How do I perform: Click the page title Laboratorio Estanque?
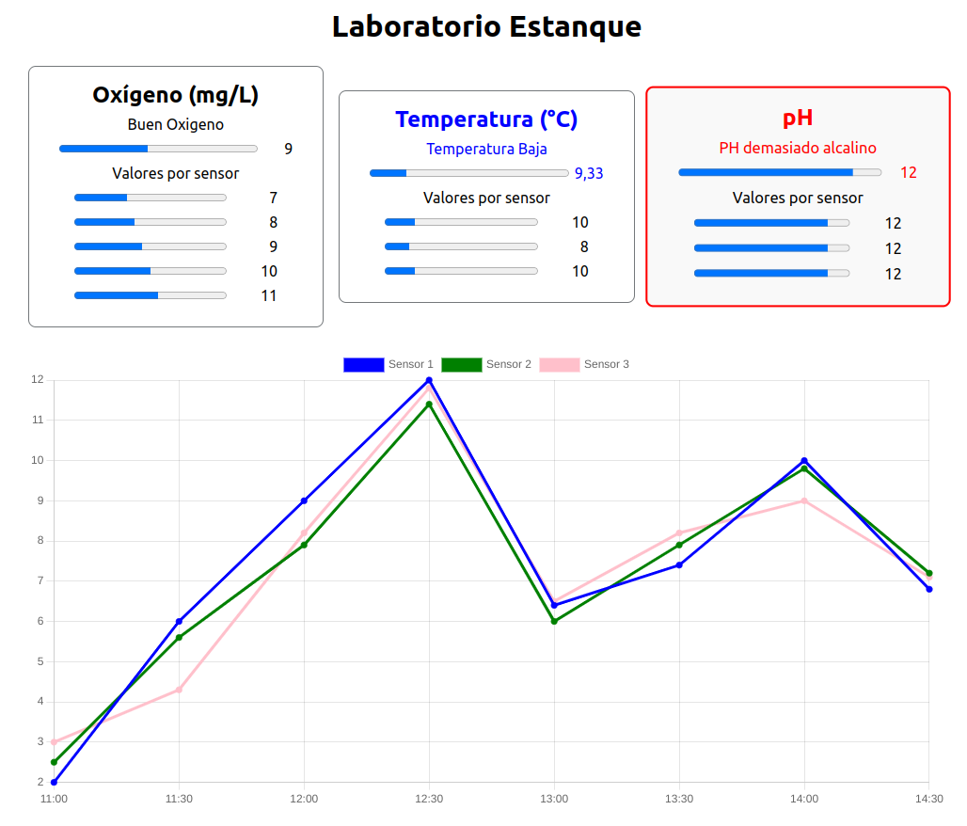pyautogui.click(x=486, y=27)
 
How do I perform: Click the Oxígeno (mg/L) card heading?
pyautogui.click(x=176, y=95)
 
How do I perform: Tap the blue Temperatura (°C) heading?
pyautogui.click(x=486, y=119)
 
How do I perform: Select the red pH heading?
pyautogui.click(x=798, y=118)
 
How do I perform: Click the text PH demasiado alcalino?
pyautogui.click(x=798, y=148)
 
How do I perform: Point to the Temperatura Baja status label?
pyautogui.click(x=486, y=149)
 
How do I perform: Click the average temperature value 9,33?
pyautogui.click(x=589, y=173)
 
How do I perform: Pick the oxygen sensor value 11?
pyautogui.click(x=269, y=295)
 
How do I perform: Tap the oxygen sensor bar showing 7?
pyautogui.click(x=151, y=198)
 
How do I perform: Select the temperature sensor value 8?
pyautogui.click(x=584, y=246)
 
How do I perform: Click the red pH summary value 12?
pyautogui.click(x=908, y=172)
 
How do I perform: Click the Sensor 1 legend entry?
pyautogui.click(x=388, y=364)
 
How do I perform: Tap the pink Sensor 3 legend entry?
pyautogui.click(x=584, y=364)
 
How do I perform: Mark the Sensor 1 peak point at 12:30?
pyautogui.click(x=429, y=380)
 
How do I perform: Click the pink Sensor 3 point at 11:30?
pyautogui.click(x=179, y=690)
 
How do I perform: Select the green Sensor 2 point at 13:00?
pyautogui.click(x=554, y=621)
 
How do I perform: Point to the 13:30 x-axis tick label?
pyautogui.click(x=679, y=799)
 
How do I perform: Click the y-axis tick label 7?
pyautogui.click(x=40, y=580)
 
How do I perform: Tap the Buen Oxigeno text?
pyautogui.click(x=176, y=124)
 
